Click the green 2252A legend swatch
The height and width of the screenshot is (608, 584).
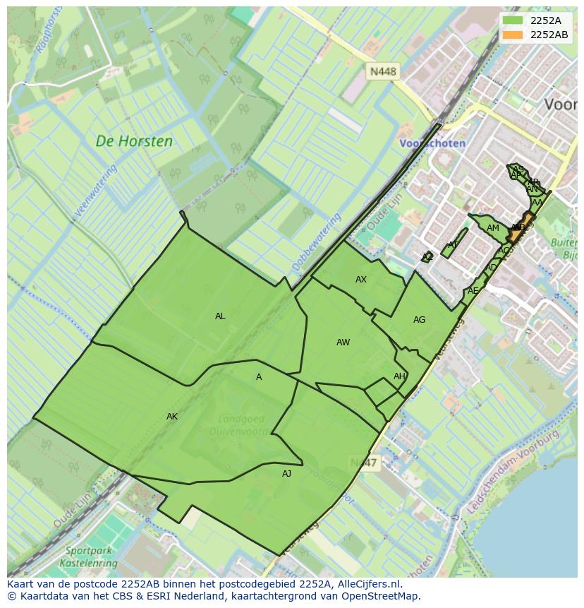coord(513,20)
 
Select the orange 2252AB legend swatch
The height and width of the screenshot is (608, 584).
coord(513,35)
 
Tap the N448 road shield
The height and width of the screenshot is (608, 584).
coord(384,71)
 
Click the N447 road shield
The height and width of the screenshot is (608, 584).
coord(364,463)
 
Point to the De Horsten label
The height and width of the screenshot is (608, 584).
coord(134,141)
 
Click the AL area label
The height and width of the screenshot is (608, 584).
coord(220,316)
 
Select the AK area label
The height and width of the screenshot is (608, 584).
coord(172,417)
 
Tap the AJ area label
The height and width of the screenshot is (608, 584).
coord(286,474)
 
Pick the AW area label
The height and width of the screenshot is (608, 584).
coord(343,342)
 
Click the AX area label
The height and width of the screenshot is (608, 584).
coord(361,280)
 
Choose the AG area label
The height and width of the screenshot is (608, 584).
coord(419,320)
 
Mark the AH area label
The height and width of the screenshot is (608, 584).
coord(399,376)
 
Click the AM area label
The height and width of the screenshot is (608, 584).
coord(493,228)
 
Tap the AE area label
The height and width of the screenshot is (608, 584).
coord(473,291)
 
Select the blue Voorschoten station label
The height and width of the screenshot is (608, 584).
coord(432,143)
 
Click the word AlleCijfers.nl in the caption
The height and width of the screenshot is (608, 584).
coord(367,584)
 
